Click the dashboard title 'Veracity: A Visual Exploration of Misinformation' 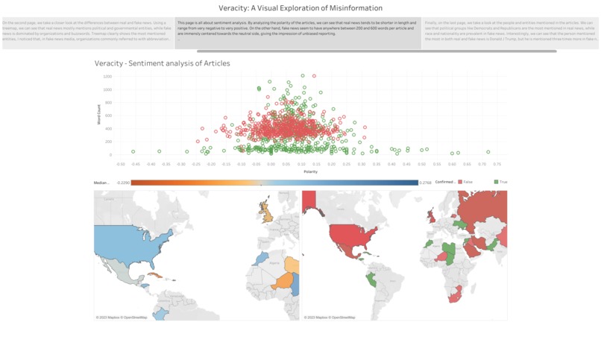(x=300, y=8)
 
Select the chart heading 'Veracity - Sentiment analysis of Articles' (x=162, y=63)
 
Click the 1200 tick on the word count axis (x=107, y=76)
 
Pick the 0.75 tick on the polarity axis (x=497, y=164)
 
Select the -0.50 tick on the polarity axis (x=121, y=164)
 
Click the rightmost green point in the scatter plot (x=488, y=152)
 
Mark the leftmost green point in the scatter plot (x=133, y=152)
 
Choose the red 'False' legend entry (x=466, y=182)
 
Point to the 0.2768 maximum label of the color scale (x=425, y=182)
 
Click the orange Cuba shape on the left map (x=154, y=274)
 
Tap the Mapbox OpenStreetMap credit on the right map (x=330, y=318)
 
